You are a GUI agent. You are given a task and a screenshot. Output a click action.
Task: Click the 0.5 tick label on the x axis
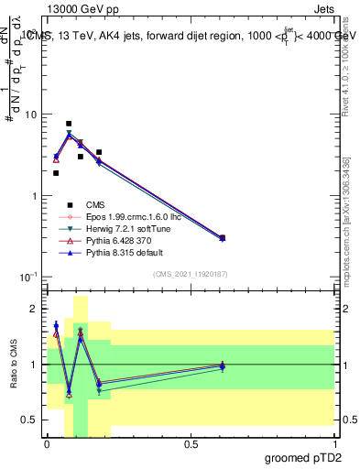coord(191,444)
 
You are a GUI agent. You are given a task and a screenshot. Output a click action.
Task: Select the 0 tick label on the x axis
coord(47,444)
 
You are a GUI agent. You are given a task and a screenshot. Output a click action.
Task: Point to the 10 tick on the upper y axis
coord(31,115)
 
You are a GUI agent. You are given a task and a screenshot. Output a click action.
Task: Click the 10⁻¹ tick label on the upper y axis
coord(29,277)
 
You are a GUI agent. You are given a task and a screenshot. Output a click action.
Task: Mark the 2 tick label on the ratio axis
coord(36,310)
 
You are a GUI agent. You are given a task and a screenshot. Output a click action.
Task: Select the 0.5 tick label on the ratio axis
coord(30,420)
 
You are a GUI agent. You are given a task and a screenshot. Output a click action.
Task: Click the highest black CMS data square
coord(69,124)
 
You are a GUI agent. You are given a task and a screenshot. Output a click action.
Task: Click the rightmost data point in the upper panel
coord(222,238)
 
